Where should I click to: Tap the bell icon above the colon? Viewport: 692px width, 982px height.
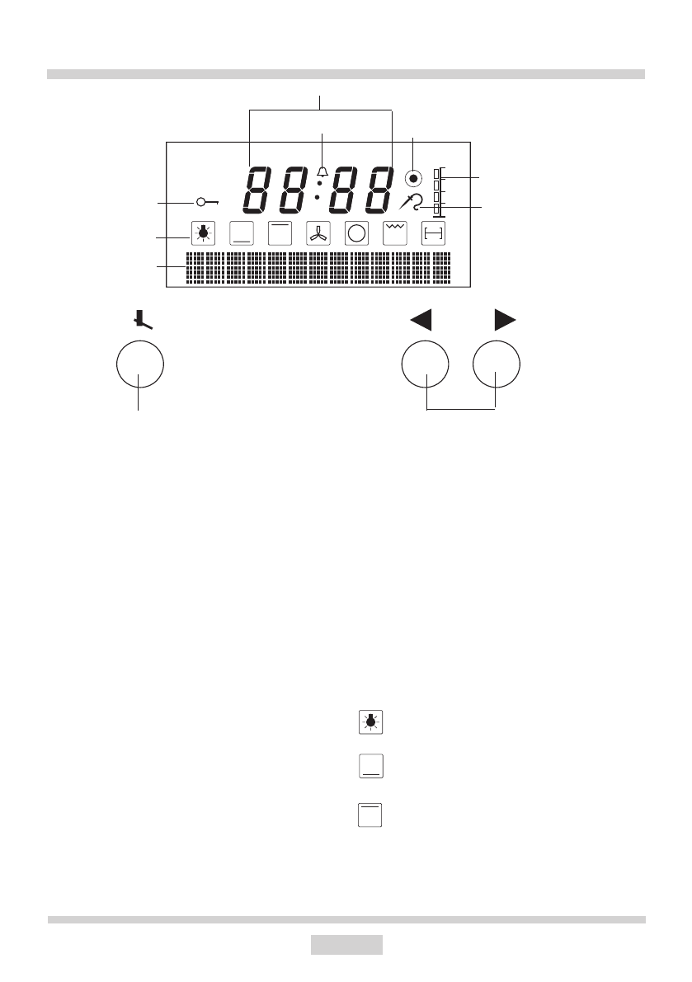pos(322,171)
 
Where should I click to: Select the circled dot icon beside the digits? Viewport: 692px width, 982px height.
pos(414,177)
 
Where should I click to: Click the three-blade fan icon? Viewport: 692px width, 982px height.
pos(318,233)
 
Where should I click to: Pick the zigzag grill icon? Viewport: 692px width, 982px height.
pos(395,233)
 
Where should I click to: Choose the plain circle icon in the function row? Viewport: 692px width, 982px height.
pos(356,233)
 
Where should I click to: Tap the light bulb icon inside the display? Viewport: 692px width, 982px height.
pos(202,233)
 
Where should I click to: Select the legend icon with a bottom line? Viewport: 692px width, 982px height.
pos(370,766)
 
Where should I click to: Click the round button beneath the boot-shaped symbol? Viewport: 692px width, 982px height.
pos(140,364)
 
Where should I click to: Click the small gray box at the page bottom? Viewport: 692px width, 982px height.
pos(346,943)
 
